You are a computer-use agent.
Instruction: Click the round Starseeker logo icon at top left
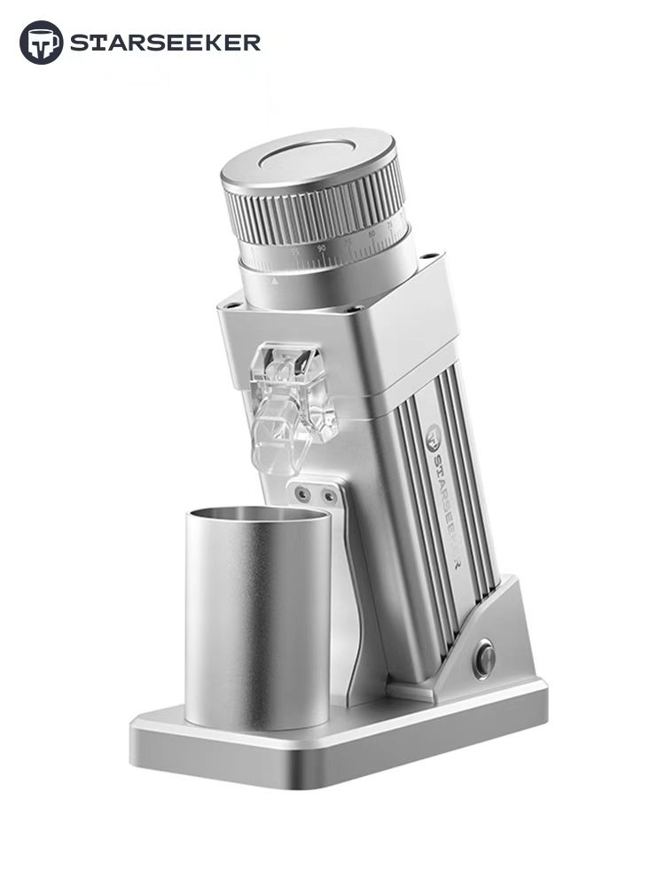[41, 43]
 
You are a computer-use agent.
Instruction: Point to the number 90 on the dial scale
[321, 248]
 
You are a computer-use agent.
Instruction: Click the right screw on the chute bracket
[329, 497]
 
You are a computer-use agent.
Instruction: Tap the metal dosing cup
[257, 621]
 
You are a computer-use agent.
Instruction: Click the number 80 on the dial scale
[372, 234]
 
